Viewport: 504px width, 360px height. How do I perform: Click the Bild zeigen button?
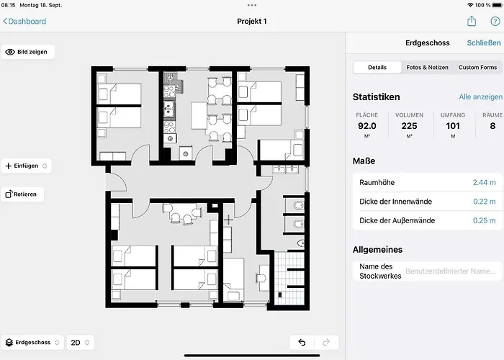coord(27,52)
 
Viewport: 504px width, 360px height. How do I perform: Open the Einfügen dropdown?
coord(27,166)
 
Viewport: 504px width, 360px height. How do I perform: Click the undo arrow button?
coord(302,343)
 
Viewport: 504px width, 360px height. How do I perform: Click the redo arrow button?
coord(325,343)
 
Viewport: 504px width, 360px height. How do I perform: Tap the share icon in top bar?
coord(472,22)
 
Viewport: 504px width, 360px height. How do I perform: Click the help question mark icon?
coord(495,22)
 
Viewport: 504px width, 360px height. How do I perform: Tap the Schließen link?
coord(484,43)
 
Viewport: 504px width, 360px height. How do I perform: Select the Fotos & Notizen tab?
coord(427,68)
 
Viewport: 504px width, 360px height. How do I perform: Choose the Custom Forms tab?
coord(477,68)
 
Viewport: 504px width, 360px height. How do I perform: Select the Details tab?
coord(377,68)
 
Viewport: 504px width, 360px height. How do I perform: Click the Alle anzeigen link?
coord(480,96)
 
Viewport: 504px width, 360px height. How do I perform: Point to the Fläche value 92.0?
coord(367,125)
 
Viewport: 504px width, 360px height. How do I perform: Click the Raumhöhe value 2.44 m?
coord(484,183)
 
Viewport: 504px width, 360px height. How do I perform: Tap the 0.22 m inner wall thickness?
coord(484,202)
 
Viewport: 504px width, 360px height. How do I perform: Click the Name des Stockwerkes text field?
coord(450,271)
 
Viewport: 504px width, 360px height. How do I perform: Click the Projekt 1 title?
coord(252,22)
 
